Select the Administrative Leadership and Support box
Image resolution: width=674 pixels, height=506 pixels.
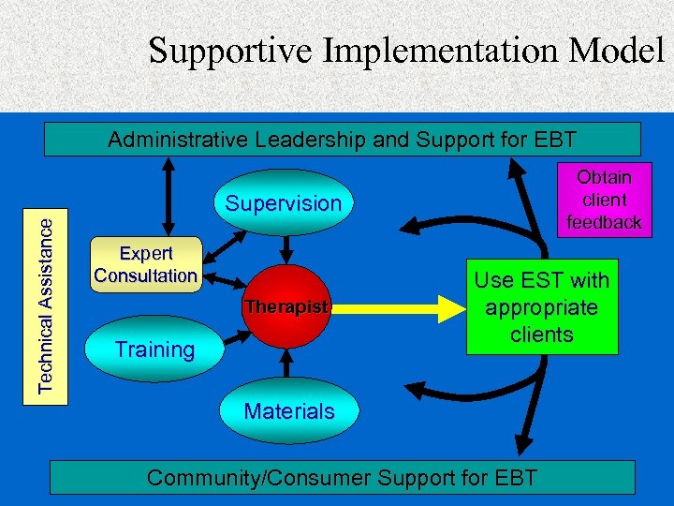pyautogui.click(x=343, y=140)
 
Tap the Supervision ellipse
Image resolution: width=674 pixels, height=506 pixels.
pyautogui.click(x=284, y=203)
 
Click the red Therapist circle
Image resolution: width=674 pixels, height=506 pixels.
pyautogui.click(x=287, y=306)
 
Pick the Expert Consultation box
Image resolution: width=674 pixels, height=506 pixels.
pyautogui.click(x=146, y=265)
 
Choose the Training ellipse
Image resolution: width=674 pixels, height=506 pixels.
pyautogui.click(x=154, y=350)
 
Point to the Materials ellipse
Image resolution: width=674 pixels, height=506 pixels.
pyautogui.click(x=289, y=410)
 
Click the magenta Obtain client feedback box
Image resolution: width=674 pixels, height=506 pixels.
pyautogui.click(x=604, y=200)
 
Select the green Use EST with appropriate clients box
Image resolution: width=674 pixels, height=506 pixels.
pyautogui.click(x=541, y=306)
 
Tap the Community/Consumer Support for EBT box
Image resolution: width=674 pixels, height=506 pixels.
pyautogui.click(x=343, y=477)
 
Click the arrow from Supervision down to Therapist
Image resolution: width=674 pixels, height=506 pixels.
pyautogui.click(x=287, y=248)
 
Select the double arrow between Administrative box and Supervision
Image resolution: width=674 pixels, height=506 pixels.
pyautogui.click(x=168, y=192)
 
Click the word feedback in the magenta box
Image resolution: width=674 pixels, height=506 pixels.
pyautogui.click(x=604, y=222)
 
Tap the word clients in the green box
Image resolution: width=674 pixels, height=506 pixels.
pyautogui.click(x=541, y=334)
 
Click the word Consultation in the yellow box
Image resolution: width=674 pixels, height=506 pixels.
pyautogui.click(x=146, y=275)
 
